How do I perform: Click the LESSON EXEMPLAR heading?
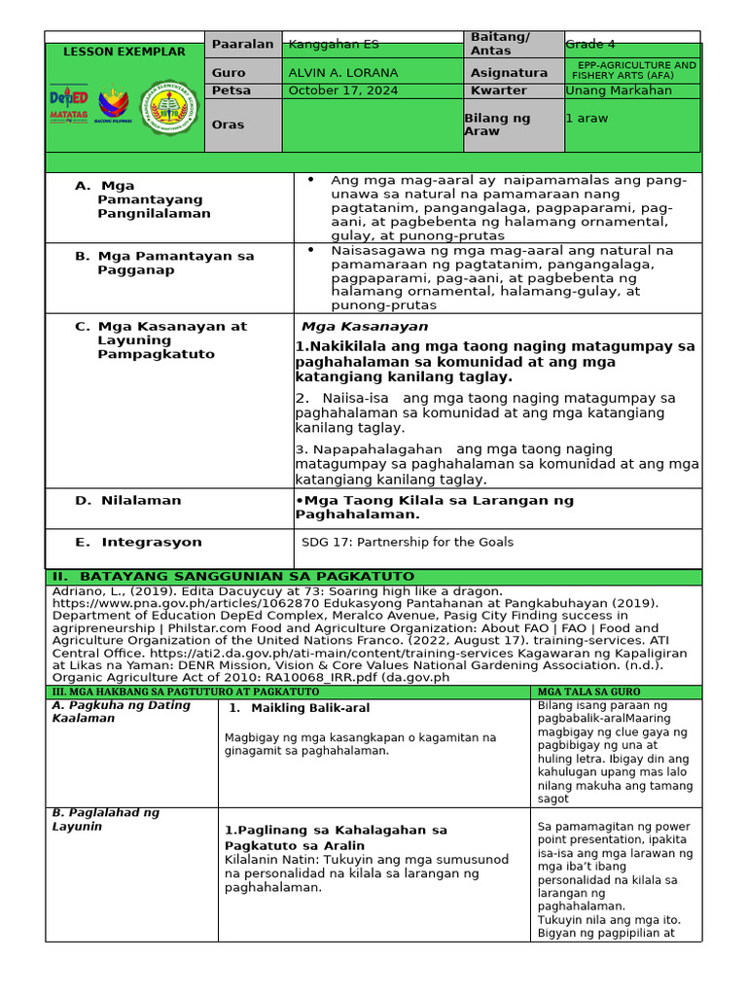point(124,52)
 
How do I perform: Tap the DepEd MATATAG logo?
point(68,105)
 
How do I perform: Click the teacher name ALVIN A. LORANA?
point(333,73)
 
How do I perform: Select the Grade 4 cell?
point(590,44)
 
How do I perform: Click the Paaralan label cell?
point(242,44)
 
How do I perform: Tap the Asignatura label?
point(509,73)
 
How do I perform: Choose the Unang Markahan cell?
point(619,90)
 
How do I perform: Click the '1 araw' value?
point(588,118)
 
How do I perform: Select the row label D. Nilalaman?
point(128,500)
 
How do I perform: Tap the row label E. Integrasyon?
point(138,542)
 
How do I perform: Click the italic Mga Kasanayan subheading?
point(365,327)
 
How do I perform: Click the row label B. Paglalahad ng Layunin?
point(105,819)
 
